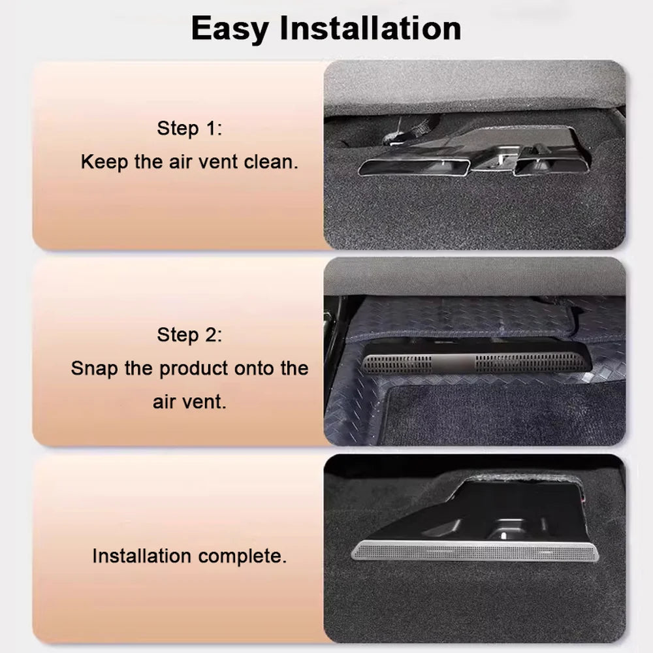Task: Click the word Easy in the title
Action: [x=229, y=29]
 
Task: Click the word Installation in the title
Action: [x=371, y=27]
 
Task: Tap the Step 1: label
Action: [x=189, y=128]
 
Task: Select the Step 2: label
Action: [x=189, y=335]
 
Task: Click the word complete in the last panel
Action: [x=243, y=557]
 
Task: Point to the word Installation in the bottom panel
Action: [x=142, y=556]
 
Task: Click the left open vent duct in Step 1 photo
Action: [x=414, y=167]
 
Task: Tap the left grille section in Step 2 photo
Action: [x=397, y=364]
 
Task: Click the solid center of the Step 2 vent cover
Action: [x=454, y=363]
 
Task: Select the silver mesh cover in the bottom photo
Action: [x=475, y=551]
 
